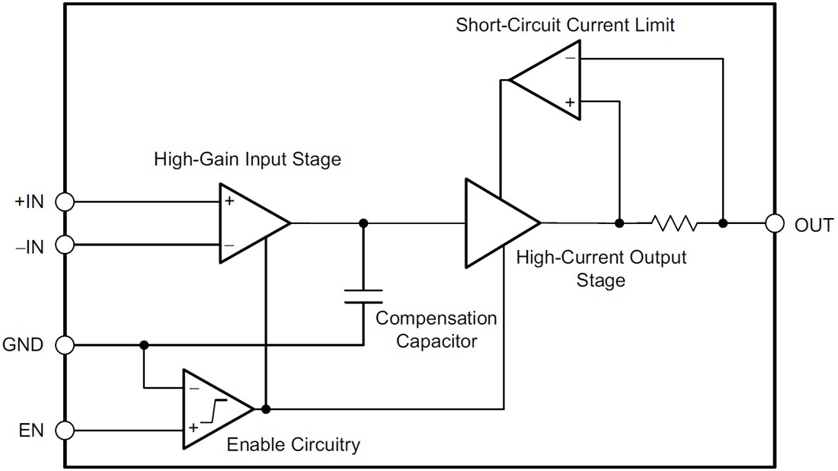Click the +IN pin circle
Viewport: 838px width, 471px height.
(x=66, y=202)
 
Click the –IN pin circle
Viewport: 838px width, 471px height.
(x=66, y=245)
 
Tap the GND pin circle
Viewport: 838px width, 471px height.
(x=66, y=345)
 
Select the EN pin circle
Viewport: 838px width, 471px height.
(x=66, y=431)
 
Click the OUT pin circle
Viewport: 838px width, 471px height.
(x=775, y=223)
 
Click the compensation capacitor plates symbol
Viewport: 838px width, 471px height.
(x=363, y=296)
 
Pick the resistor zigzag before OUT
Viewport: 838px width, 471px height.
(x=673, y=223)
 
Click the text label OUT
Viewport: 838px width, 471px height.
(x=814, y=226)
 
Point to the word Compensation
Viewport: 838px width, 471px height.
(x=436, y=319)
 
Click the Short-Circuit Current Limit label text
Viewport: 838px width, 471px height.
(x=565, y=25)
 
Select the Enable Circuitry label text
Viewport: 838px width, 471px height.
(x=293, y=444)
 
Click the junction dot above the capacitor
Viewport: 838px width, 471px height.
(x=363, y=223)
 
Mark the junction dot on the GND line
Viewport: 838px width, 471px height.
(x=144, y=345)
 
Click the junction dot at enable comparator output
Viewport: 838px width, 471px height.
(x=265, y=409)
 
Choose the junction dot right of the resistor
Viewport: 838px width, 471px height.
(x=723, y=223)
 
